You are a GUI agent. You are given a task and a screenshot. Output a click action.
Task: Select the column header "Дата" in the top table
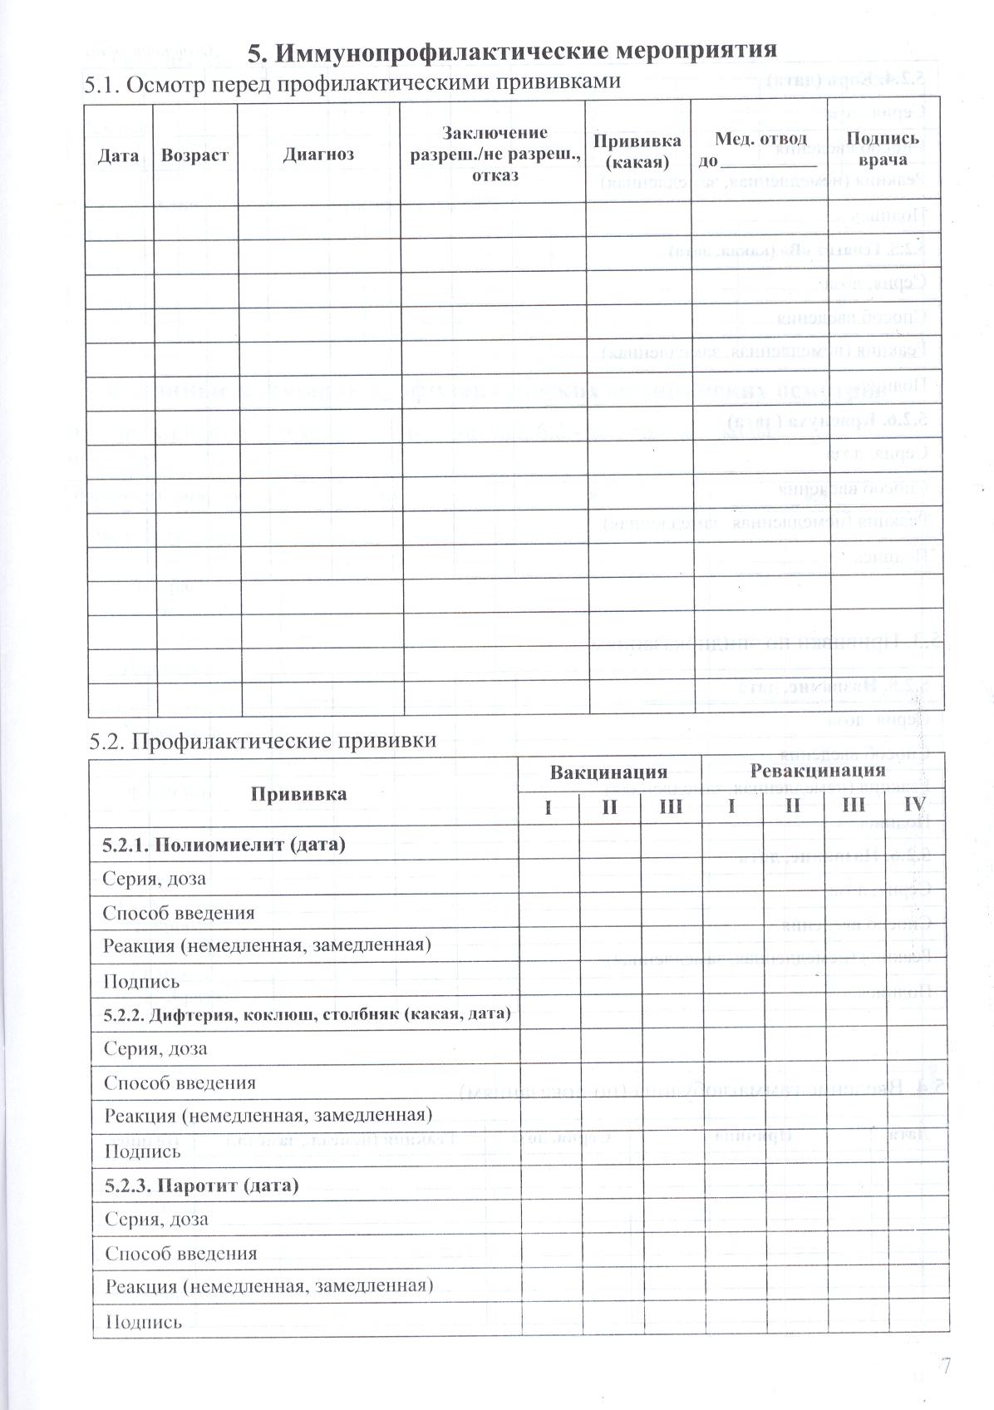[118, 155]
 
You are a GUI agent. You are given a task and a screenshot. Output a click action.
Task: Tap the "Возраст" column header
[194, 155]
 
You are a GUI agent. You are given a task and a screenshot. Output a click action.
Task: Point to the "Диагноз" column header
[318, 154]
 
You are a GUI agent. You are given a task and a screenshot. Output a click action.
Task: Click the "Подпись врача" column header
[883, 150]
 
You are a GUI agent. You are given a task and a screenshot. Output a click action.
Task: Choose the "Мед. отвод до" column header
[760, 150]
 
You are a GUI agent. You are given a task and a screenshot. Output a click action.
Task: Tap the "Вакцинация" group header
[608, 772]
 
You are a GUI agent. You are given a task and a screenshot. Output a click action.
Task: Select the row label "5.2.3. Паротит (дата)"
[201, 1185]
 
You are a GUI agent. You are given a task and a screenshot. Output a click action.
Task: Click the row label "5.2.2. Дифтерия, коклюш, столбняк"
[307, 1014]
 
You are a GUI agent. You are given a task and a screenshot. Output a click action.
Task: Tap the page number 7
[944, 1365]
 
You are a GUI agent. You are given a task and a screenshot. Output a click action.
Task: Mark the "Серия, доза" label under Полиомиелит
[155, 879]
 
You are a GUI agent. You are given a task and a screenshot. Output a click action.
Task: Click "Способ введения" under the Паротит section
[181, 1253]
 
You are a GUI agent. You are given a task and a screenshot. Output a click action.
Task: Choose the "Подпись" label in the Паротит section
[144, 1321]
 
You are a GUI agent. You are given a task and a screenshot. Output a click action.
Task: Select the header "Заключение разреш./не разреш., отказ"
[494, 154]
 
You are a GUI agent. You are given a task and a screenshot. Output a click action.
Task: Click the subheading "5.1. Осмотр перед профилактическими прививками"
[353, 83]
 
